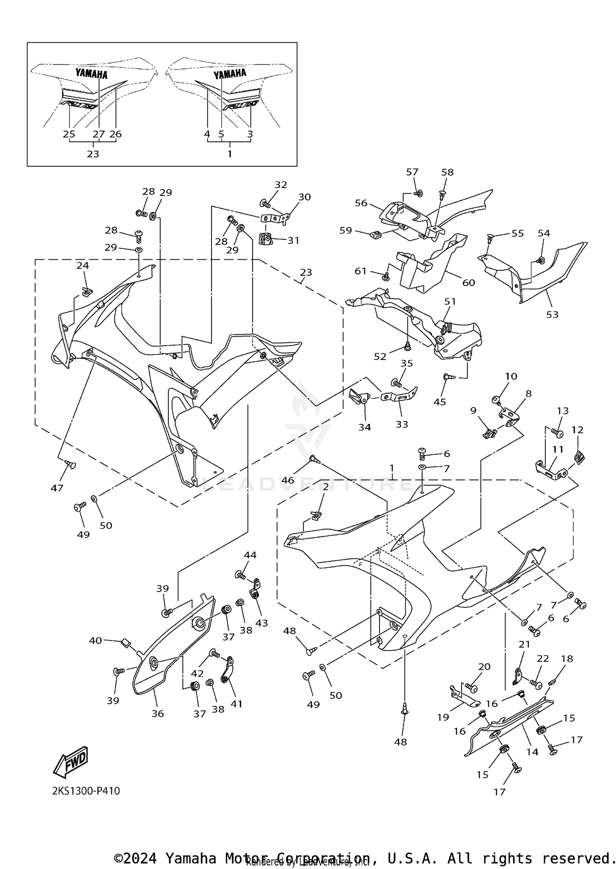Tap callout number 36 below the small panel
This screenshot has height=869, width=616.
158,713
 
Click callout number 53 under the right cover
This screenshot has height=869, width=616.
552,314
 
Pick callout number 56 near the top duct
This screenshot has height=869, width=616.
361,203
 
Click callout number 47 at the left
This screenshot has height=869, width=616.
57,488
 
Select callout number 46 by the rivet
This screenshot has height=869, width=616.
287,479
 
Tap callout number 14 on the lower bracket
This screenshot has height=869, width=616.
532,751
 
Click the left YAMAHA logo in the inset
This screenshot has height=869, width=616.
91,74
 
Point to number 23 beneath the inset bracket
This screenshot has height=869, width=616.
93,154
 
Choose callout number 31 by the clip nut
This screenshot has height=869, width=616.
293,240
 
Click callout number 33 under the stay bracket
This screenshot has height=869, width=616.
402,424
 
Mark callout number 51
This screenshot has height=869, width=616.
450,301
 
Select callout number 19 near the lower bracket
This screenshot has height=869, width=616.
443,717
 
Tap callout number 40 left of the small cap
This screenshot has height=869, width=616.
95,640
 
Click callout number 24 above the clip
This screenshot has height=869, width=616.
83,265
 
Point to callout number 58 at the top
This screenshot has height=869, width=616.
447,172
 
